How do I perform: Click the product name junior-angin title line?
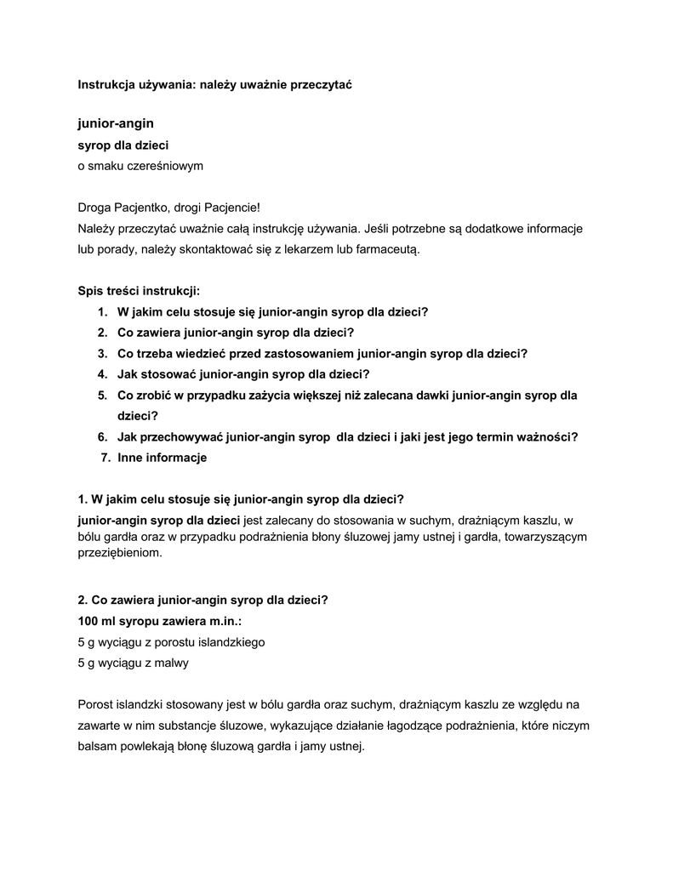tap(116, 124)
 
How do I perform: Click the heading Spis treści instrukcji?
tap(139, 291)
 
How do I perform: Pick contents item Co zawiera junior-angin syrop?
tap(235, 333)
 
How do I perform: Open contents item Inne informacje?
tap(163, 458)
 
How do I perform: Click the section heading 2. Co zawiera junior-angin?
tap(202, 600)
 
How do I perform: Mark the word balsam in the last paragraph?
tap(96, 746)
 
